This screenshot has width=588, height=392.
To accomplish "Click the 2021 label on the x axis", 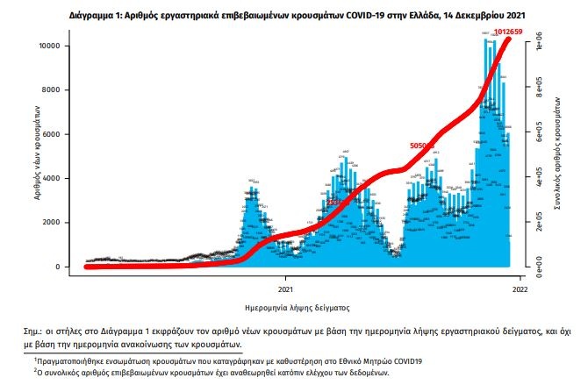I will tap(286, 287).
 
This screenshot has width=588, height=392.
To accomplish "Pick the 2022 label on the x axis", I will tap(519, 287).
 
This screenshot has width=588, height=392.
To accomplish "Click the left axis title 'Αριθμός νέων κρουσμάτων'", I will tap(39, 154).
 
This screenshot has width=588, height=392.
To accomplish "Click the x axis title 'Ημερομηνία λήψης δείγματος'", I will tap(298, 308).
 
